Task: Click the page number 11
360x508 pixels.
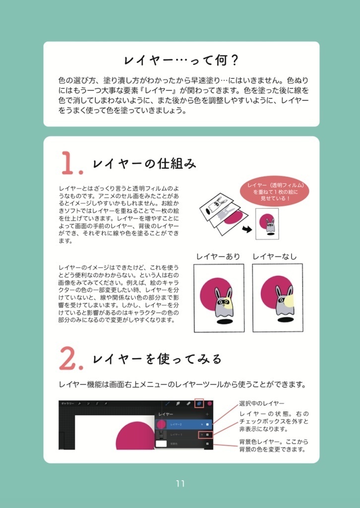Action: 180,483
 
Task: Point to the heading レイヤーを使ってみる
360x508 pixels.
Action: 157,359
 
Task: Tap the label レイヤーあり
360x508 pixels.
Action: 218,256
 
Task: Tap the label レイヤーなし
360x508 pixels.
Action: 275,256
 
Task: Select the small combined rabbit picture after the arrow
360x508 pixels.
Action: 267,224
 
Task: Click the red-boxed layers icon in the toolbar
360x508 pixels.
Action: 199,404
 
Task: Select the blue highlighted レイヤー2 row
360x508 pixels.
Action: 184,425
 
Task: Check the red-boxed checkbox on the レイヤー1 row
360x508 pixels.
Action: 207,435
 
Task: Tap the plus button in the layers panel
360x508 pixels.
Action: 207,414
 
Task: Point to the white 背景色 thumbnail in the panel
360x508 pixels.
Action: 162,444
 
